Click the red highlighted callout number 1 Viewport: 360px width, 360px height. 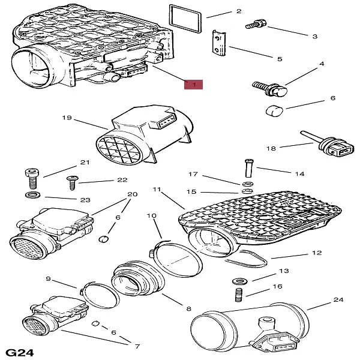point(193,85)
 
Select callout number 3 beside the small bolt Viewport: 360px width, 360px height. point(314,37)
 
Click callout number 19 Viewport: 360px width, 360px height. point(67,118)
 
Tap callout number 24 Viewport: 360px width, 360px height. point(338,299)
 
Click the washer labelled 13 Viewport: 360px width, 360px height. point(239,281)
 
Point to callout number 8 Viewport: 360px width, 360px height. point(188,308)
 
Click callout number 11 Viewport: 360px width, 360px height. point(157,190)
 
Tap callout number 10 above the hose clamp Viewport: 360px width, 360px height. point(151,215)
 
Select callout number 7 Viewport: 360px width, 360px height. point(137,346)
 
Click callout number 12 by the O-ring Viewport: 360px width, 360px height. point(317,253)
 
